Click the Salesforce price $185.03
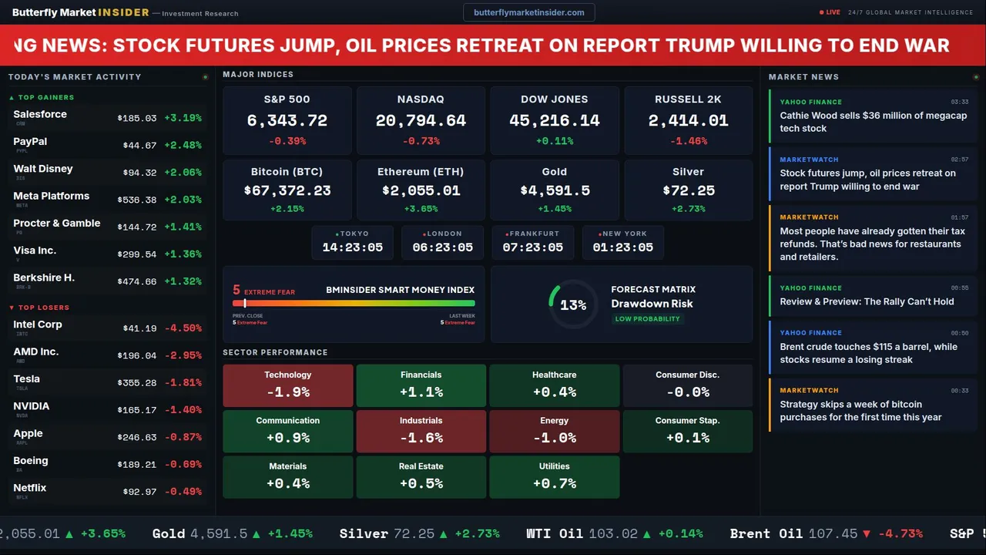137,119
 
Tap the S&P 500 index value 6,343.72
287,121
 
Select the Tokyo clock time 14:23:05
353,247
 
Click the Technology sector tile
288,385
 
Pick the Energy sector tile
555,431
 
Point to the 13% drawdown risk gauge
572,305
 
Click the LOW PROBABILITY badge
647,319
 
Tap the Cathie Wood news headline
873,122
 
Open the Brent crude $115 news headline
868,353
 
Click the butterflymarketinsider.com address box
529,12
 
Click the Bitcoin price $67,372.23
287,190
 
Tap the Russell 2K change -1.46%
689,142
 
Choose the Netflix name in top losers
30,488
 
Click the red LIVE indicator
830,12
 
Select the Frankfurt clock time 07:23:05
533,247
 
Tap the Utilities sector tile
555,477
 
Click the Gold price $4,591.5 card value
555,190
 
